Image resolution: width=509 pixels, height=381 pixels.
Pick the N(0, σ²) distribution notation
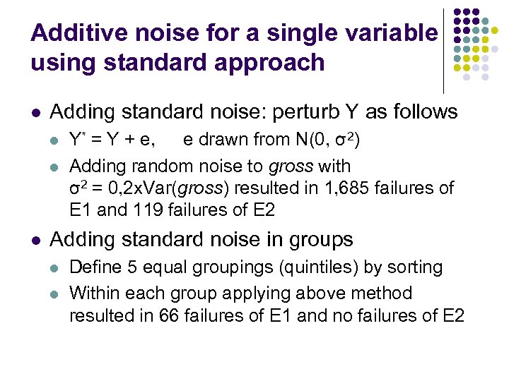coord(329,140)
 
